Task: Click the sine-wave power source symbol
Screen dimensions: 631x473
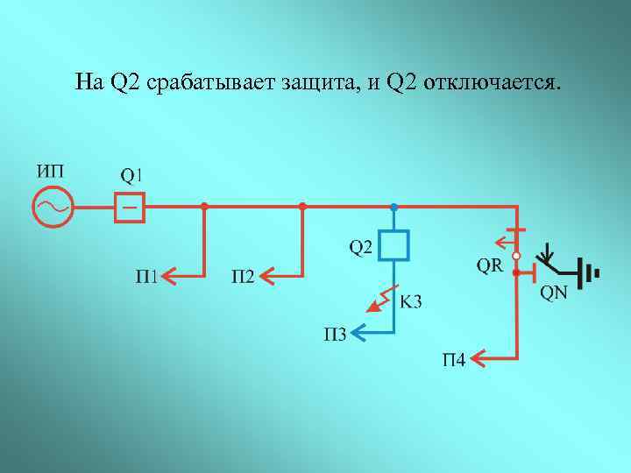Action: coord(52,208)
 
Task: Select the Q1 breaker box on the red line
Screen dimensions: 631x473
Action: coord(130,208)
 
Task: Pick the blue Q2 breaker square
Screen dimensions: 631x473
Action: coord(394,245)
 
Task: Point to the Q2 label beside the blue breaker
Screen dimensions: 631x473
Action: coord(361,248)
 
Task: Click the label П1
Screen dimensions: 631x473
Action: coord(147,278)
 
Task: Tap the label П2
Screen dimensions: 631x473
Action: coord(243,278)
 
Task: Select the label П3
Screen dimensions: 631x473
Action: coord(336,333)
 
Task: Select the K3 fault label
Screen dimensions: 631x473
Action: coord(410,302)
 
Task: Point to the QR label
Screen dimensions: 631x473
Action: coord(490,265)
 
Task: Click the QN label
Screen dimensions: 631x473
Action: coord(553,293)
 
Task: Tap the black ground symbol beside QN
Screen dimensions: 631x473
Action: coord(589,273)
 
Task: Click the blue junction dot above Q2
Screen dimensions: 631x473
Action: coord(394,207)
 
